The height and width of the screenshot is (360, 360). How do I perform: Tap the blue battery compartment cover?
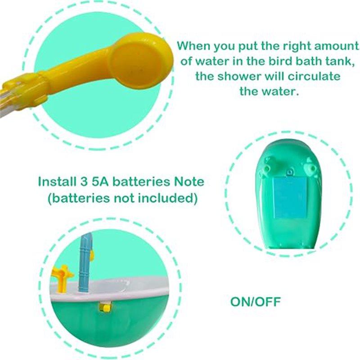tap(290, 198)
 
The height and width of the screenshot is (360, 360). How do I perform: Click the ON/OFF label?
tap(256, 301)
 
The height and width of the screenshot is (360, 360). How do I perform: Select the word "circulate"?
tap(314, 76)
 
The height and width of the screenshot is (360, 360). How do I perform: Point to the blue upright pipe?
tap(85, 262)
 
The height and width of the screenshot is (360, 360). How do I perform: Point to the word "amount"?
tap(336, 46)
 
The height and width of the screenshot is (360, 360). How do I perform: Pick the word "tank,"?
tap(337, 62)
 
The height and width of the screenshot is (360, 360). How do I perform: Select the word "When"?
tap(194, 46)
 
